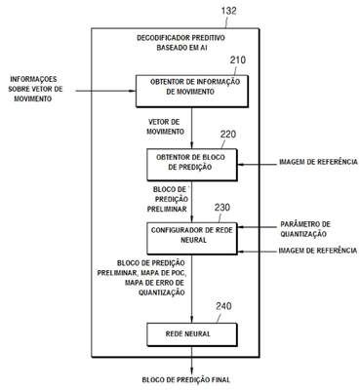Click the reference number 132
point(228,11)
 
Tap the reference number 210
point(238,60)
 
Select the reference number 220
point(228,135)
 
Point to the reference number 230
point(222,208)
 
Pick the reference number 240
point(223,306)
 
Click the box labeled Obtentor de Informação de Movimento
point(192,92)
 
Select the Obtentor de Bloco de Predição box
point(192,165)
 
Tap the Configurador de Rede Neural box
point(192,238)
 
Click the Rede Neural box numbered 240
point(192,334)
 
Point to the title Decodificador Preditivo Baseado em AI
point(181,43)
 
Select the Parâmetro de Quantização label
point(305,229)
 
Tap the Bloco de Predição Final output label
point(186,379)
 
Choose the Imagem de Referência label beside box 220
point(318,162)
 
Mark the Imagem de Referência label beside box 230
point(318,251)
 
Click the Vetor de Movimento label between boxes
point(165,127)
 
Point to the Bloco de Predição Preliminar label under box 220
point(168,199)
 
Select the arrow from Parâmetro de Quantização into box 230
point(257,227)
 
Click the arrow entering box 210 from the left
point(105,91)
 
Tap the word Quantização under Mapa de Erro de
point(162,292)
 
